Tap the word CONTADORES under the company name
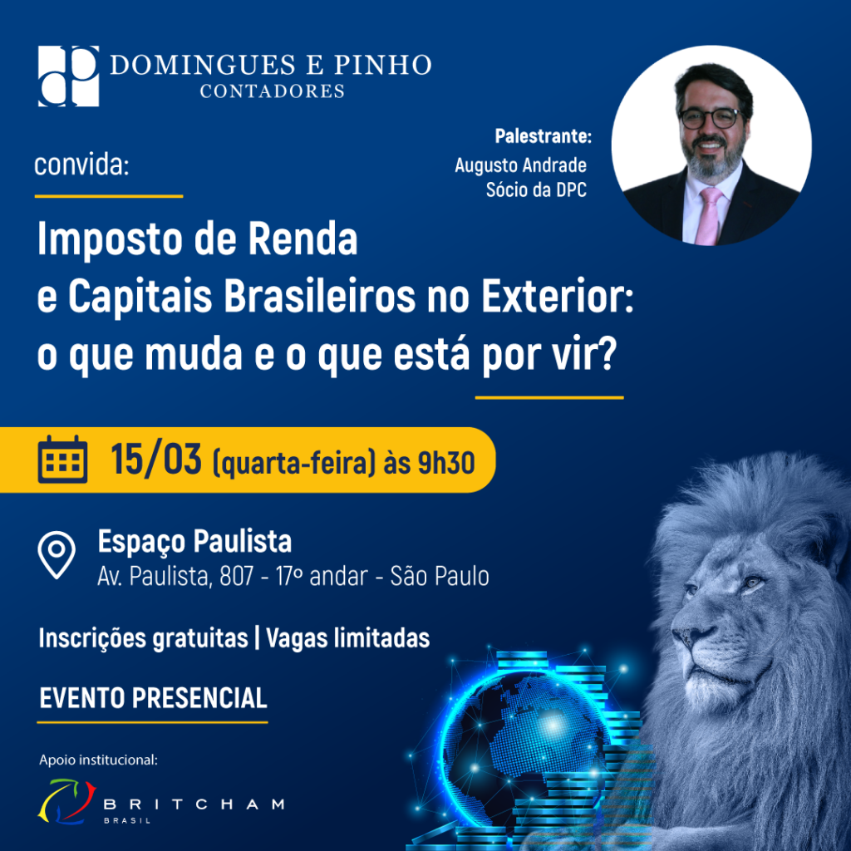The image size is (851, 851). (272, 91)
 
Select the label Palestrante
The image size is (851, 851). (543, 135)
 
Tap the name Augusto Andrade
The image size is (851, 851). (520, 165)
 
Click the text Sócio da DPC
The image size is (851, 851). (536, 190)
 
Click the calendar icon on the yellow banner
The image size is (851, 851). (62, 459)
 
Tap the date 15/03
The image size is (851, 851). (156, 460)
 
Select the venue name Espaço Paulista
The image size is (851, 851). (194, 542)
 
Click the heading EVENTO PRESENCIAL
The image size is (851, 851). (153, 697)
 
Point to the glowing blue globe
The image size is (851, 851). (507, 748)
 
